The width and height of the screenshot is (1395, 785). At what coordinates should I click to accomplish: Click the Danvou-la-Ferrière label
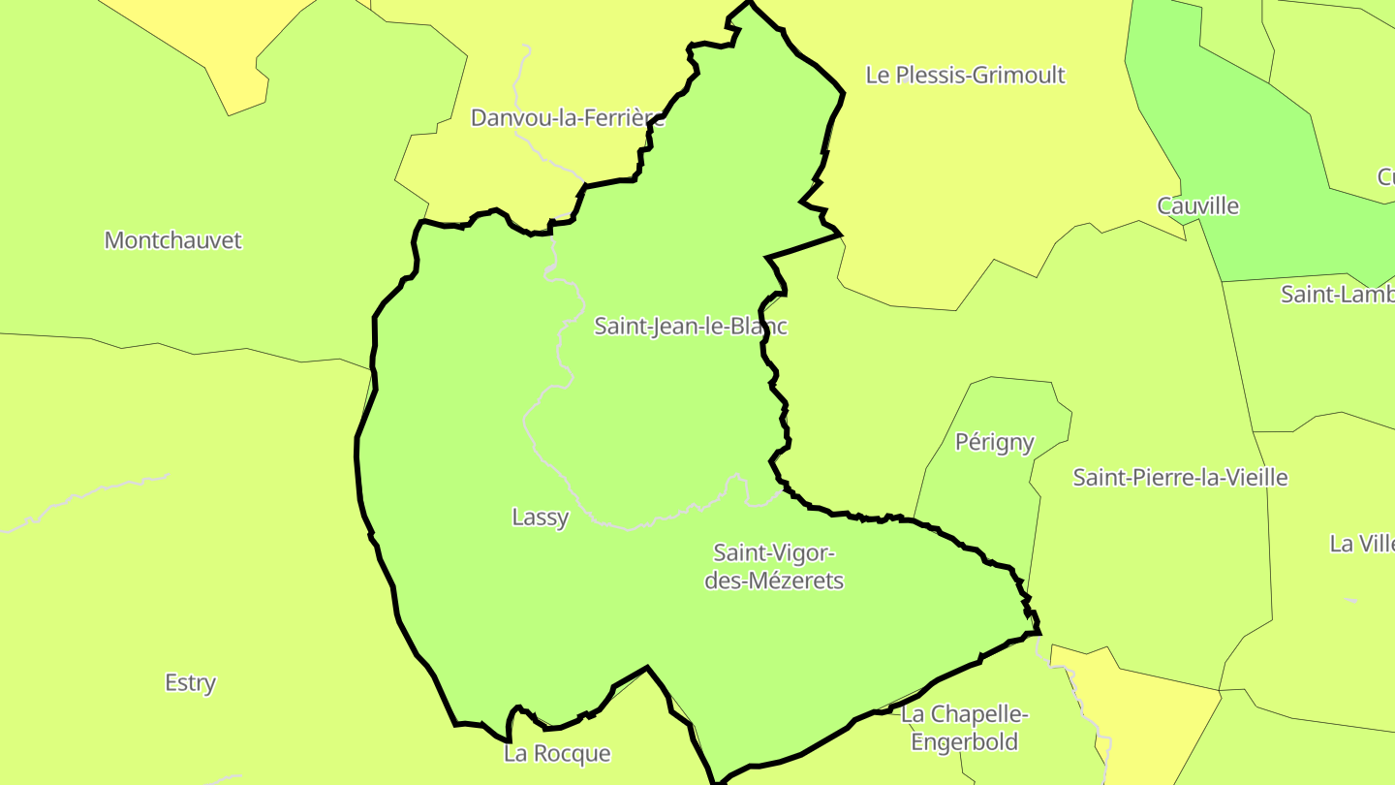[x=568, y=118]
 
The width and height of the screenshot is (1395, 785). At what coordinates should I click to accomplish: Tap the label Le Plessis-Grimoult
[x=965, y=76]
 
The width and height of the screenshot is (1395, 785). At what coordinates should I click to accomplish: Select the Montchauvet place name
[x=172, y=240]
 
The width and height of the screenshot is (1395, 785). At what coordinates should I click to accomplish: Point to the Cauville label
[x=1197, y=205]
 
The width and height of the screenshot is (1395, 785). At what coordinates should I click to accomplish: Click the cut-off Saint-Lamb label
[x=1338, y=295]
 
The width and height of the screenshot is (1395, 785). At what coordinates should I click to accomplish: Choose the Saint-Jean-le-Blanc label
[x=690, y=327]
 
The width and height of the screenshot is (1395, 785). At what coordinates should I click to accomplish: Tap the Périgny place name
[x=994, y=442]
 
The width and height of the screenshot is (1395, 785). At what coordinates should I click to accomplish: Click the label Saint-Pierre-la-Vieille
[x=1180, y=477]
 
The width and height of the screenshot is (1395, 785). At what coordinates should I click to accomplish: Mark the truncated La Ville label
[x=1361, y=544]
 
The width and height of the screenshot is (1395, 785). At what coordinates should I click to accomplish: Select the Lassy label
[x=540, y=518]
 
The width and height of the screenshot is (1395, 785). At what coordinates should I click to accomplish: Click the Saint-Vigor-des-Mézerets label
[x=774, y=567]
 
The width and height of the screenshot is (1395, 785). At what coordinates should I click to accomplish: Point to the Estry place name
[x=190, y=682]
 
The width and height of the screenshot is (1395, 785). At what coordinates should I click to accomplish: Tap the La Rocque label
[x=557, y=753]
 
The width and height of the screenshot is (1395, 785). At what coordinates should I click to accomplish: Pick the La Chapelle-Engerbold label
[x=964, y=729]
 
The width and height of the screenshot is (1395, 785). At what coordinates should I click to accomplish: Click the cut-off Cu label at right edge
[x=1385, y=177]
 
